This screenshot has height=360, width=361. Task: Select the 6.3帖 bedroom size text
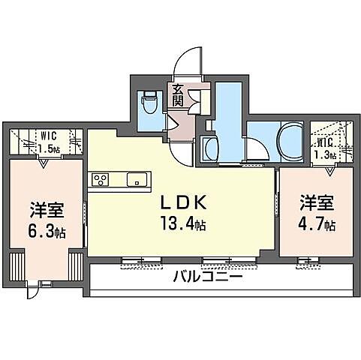pyautogui.click(x=45, y=230)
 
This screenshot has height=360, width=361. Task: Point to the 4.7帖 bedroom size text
pyautogui.click(x=316, y=223)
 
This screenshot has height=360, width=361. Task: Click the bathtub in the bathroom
pyautogui.click(x=287, y=139)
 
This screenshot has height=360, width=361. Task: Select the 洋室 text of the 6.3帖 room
pyautogui.click(x=45, y=209)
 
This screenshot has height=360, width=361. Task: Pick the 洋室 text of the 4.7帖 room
pyautogui.click(x=316, y=202)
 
